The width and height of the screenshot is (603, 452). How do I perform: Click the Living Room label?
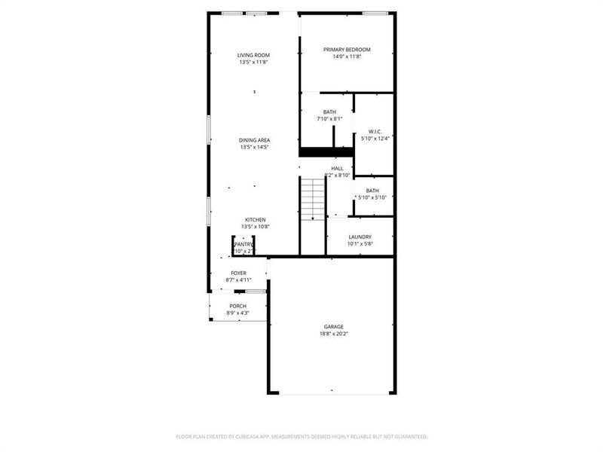pyautogui.click(x=254, y=55)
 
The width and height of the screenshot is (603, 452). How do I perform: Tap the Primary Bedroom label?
pyautogui.click(x=347, y=50)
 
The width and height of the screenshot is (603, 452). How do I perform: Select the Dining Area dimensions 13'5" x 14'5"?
pyautogui.click(x=255, y=147)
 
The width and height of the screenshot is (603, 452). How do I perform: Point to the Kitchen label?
pyautogui.click(x=255, y=220)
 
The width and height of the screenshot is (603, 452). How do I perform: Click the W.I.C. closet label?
pyautogui.click(x=375, y=131)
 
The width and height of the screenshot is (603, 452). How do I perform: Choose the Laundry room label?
pyautogui.click(x=360, y=237)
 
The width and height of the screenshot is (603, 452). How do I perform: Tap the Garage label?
pyautogui.click(x=333, y=326)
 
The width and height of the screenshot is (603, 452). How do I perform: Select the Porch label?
pyautogui.click(x=238, y=306)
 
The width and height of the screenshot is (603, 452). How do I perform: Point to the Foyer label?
pyautogui.click(x=238, y=273)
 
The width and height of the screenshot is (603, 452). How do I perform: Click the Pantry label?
pyautogui.click(x=243, y=244)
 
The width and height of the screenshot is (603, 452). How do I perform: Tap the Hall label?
pyautogui.click(x=337, y=168)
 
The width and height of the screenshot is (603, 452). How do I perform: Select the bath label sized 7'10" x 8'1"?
pyautogui.click(x=329, y=111)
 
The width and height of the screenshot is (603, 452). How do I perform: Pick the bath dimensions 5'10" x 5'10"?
pyautogui.click(x=372, y=197)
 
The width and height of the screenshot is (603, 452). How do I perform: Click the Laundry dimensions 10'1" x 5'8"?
pyautogui.click(x=360, y=243)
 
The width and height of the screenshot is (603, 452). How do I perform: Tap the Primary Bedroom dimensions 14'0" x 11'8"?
pyautogui.click(x=347, y=56)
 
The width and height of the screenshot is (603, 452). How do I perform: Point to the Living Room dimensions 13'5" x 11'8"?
pyautogui.click(x=254, y=62)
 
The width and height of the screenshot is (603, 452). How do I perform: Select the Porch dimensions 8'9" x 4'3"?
pyautogui.click(x=238, y=313)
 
